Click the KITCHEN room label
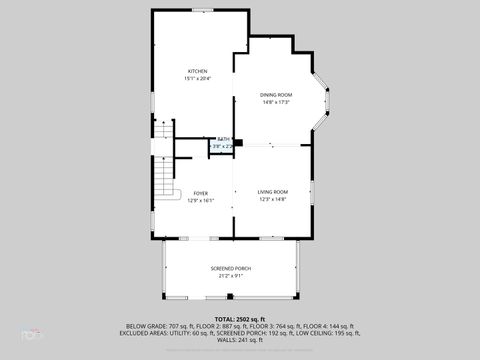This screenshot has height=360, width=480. click(x=197, y=71)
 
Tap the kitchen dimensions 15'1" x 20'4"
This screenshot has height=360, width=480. click(x=197, y=79)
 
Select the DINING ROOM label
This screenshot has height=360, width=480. click(x=276, y=94)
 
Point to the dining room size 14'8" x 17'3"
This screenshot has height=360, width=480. click(x=276, y=102)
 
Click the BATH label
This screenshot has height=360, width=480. click(x=224, y=139)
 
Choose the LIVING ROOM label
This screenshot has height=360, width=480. click(x=272, y=191)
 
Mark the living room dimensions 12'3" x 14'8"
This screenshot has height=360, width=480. click(x=272, y=199)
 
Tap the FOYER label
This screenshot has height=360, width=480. click(x=200, y=192)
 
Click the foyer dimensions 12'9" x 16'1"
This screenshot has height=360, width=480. click(x=200, y=200)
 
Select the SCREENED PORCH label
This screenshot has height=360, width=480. click(x=232, y=268)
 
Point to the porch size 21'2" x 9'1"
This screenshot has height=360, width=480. click(x=232, y=276)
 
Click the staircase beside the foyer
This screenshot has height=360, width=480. click(x=163, y=170)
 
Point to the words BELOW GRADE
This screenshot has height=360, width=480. click(x=144, y=325)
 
